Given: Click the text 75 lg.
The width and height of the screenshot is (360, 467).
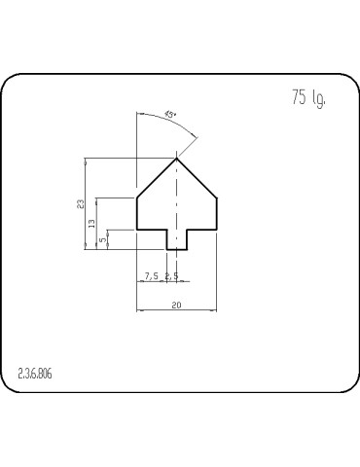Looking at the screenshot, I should click(306, 98).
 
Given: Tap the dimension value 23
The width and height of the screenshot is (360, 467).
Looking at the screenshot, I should click(82, 203).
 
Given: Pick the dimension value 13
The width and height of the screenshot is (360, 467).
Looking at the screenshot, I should click(92, 224).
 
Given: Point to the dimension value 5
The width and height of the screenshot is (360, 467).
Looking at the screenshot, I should click(103, 239).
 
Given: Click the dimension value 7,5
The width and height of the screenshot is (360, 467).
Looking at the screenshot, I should click(151, 276).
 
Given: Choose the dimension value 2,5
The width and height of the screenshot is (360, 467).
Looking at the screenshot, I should click(171, 276).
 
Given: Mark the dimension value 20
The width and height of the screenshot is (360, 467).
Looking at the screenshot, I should click(176, 305).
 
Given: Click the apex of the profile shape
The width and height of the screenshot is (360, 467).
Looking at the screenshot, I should click(176, 159).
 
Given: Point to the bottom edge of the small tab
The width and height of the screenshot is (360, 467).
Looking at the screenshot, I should click(176, 250).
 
